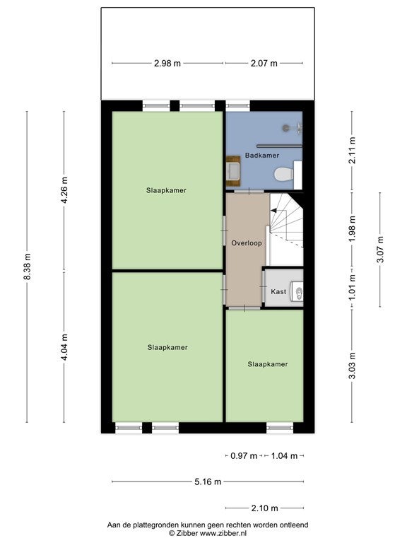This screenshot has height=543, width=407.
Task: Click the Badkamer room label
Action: [262, 156]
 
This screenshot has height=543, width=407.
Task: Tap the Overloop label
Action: [247, 243]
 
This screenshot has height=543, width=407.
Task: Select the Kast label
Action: [278, 291]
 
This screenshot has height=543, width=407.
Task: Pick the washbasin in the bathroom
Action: [233, 171]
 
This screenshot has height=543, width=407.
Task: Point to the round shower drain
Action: [286, 128]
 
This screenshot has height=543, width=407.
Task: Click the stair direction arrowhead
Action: [273, 210]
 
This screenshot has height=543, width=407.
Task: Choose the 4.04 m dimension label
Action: [65, 347]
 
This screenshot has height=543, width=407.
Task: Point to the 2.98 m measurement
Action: [167, 64]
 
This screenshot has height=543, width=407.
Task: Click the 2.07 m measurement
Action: [264, 64]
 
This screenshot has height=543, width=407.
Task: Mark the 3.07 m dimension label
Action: [380, 250]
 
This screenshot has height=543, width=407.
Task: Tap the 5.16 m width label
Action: [208, 481]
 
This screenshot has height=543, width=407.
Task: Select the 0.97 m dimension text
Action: [244, 456]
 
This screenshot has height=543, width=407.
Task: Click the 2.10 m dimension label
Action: [264, 508]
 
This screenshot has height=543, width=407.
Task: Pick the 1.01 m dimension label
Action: [353, 288]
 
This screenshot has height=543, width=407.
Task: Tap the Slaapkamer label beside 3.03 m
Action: [268, 364]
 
